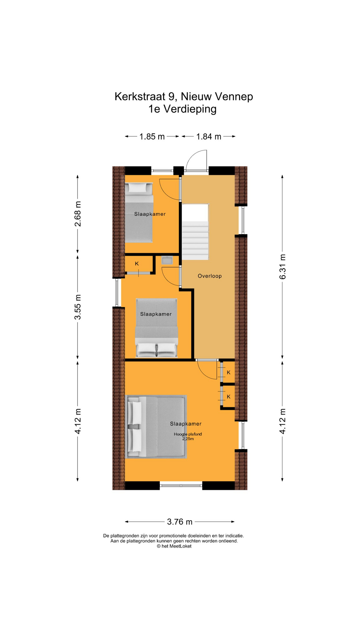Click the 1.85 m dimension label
click(x=152, y=137)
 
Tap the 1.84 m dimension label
click(x=209, y=137)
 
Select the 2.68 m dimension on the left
click(x=78, y=214)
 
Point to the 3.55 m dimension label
click(x=78, y=307)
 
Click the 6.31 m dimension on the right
click(x=282, y=267)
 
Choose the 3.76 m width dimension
click(x=180, y=522)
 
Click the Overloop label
click(x=209, y=276)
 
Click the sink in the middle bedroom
click(x=166, y=260)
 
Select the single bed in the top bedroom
click(x=139, y=213)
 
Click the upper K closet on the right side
click(x=228, y=373)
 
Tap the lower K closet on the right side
click(x=228, y=397)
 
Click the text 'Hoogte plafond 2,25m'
click(x=188, y=436)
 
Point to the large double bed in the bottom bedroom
click(x=156, y=427)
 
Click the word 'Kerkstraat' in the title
click(x=140, y=97)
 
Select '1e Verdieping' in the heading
click(x=182, y=109)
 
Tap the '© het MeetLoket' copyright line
click(x=174, y=546)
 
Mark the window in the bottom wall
click(x=181, y=486)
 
